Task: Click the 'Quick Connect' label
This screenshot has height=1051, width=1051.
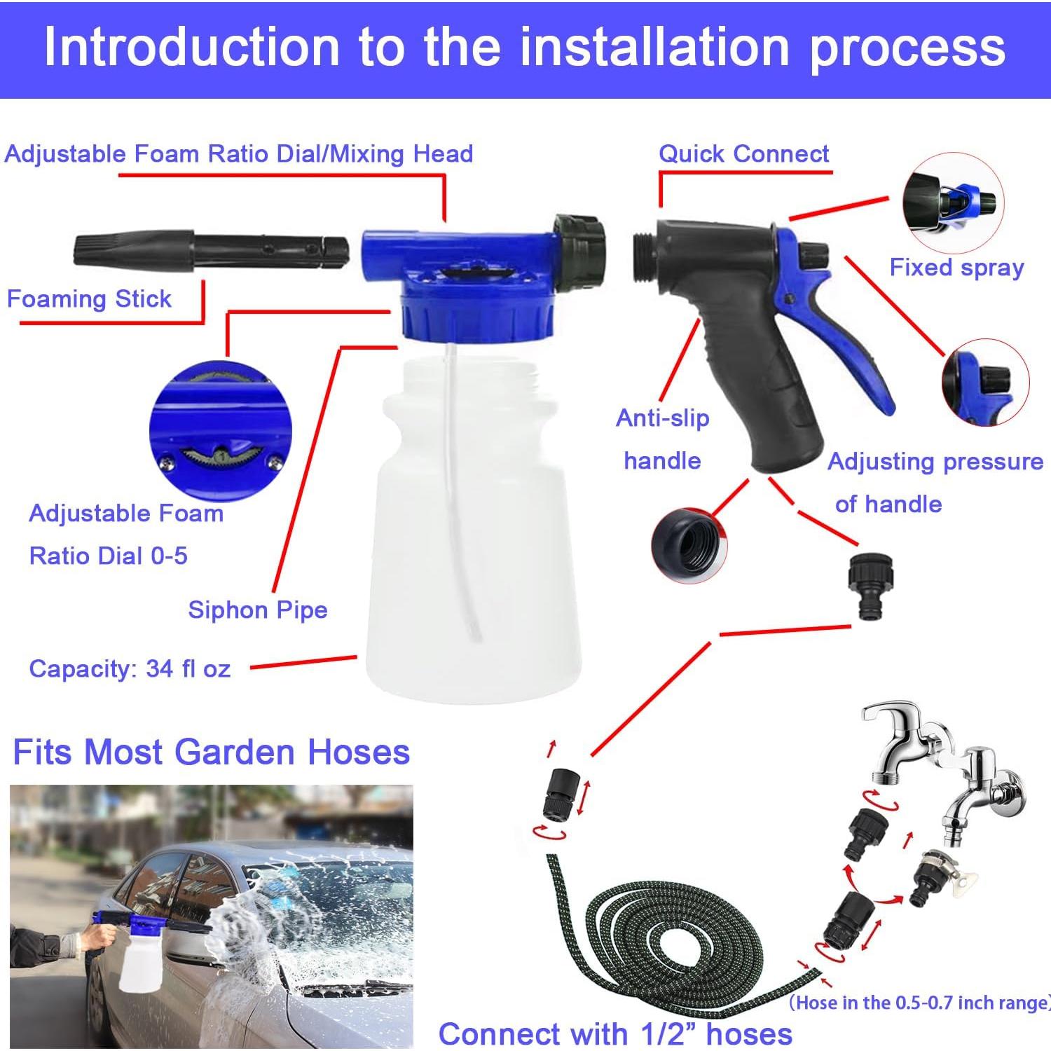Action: coord(743,154)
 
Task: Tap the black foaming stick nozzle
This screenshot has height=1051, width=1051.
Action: coord(210,251)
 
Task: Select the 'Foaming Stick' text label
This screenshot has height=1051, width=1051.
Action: coord(89,299)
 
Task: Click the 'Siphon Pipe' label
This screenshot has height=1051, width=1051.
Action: coord(257,610)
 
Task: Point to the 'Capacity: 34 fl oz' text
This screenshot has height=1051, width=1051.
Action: coord(130,668)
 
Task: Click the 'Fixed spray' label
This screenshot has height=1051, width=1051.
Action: coord(956,268)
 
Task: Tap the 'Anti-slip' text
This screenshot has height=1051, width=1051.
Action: coord(662,418)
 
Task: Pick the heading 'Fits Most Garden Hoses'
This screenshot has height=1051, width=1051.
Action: coord(211,753)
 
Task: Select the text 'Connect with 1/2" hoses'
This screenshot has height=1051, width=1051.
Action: coord(614,1033)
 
